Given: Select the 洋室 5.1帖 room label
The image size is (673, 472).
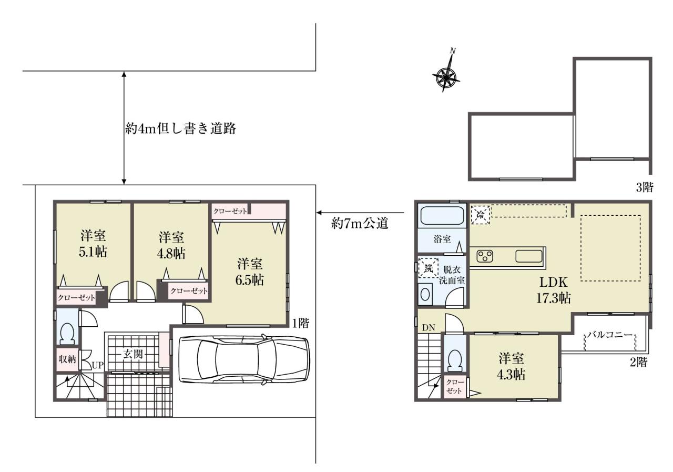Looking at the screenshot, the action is [x=93, y=244].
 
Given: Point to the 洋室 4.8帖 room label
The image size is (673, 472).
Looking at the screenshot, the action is [x=171, y=245].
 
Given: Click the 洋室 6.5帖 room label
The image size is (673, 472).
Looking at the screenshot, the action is [x=250, y=272].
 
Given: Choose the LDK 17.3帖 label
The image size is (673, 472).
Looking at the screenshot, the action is [x=554, y=290].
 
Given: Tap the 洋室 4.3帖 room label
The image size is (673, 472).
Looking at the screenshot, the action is [x=511, y=366].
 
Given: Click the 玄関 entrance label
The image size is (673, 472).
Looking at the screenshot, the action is [x=133, y=354].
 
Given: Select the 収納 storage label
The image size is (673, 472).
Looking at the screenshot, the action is [x=67, y=359].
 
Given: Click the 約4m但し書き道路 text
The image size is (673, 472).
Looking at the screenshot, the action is [x=180, y=128].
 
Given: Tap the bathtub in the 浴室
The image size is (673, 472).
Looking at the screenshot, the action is [x=442, y=216].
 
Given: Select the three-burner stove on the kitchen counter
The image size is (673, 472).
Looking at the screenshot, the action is [x=485, y=256].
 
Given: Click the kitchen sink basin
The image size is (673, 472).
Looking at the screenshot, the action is [x=529, y=256].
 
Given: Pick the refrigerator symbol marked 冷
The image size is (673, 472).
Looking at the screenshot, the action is [x=481, y=215].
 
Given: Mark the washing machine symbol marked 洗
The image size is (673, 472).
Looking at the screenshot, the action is [x=428, y=268].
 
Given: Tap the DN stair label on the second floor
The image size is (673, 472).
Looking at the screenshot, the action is [x=429, y=328].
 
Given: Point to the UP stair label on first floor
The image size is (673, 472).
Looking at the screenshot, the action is [x=98, y=365].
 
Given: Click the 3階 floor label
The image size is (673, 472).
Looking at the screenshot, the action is [x=645, y=188].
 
